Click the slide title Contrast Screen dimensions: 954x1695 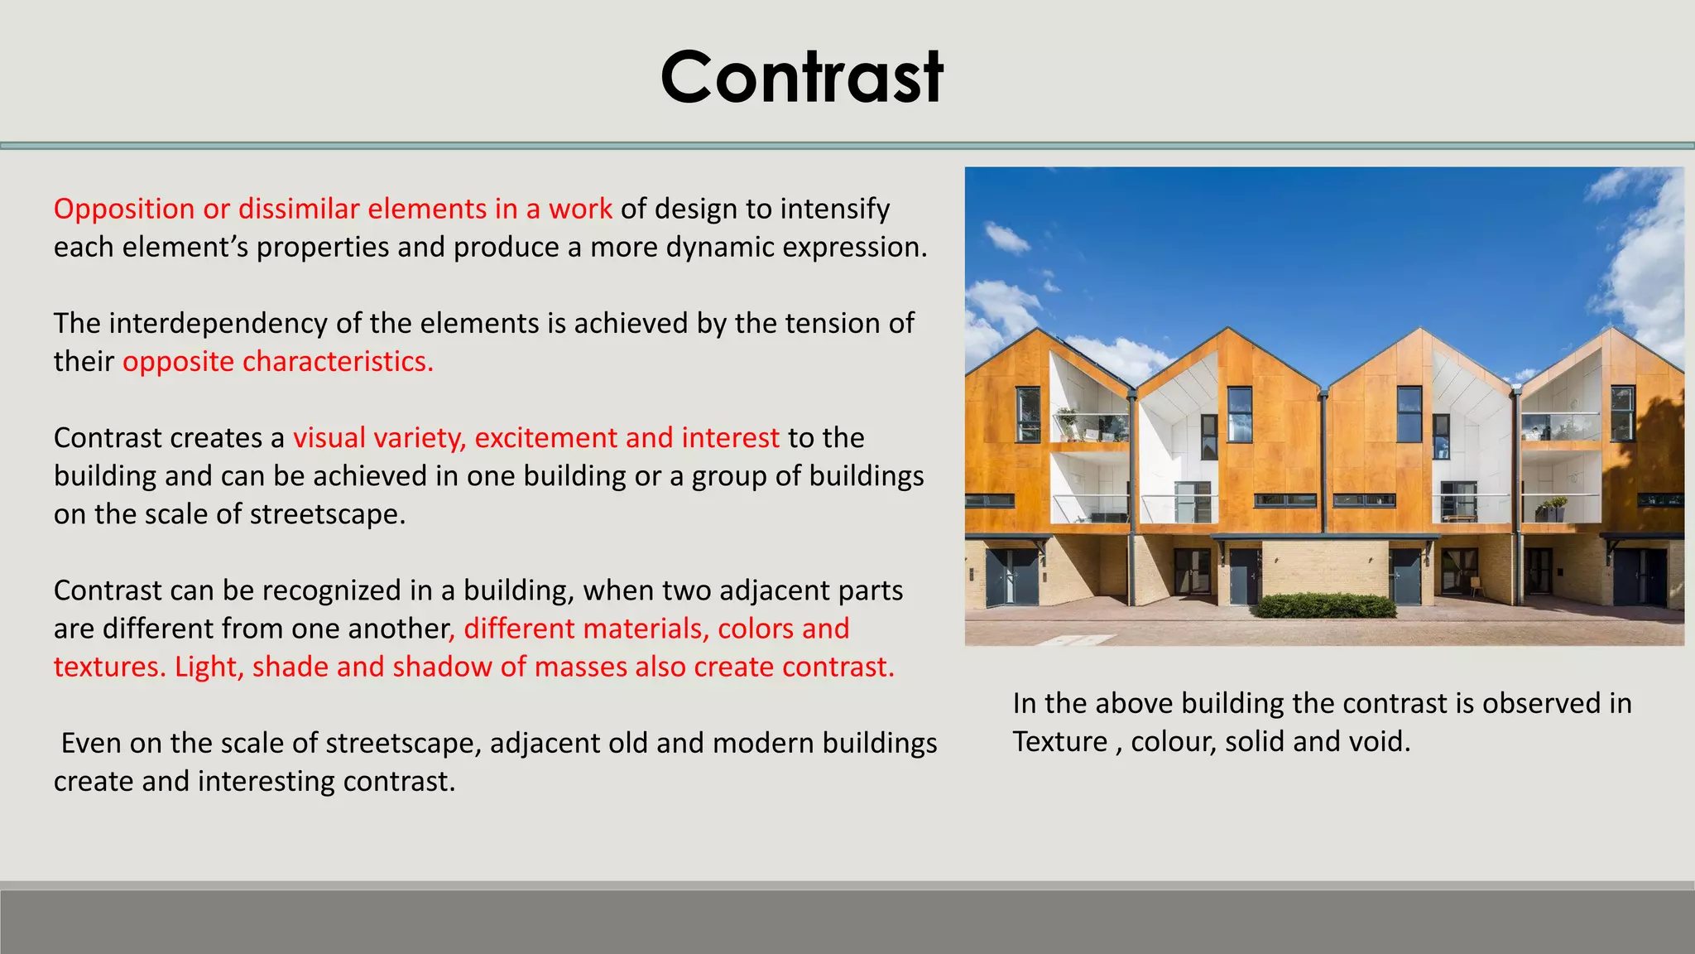801,77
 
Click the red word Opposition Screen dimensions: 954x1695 124,209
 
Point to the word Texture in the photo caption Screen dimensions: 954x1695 1059,741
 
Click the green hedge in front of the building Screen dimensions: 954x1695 1324,605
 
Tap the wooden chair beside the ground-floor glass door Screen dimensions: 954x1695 1475,584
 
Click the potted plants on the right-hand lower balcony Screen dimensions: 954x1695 1551,507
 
